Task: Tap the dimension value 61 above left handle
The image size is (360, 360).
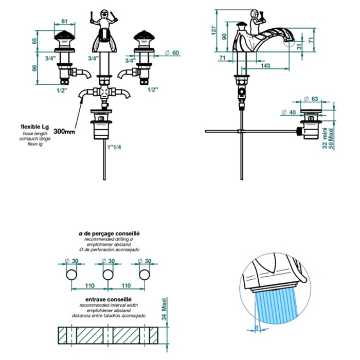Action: (x=64, y=21)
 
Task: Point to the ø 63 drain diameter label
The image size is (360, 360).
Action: (x=311, y=99)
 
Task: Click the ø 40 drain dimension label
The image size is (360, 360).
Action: (x=290, y=112)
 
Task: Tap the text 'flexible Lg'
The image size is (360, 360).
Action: (x=34, y=126)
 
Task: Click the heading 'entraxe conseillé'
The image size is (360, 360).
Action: (x=110, y=298)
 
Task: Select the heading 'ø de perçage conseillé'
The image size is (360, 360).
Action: (x=109, y=233)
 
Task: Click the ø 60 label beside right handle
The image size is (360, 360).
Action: (x=172, y=53)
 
